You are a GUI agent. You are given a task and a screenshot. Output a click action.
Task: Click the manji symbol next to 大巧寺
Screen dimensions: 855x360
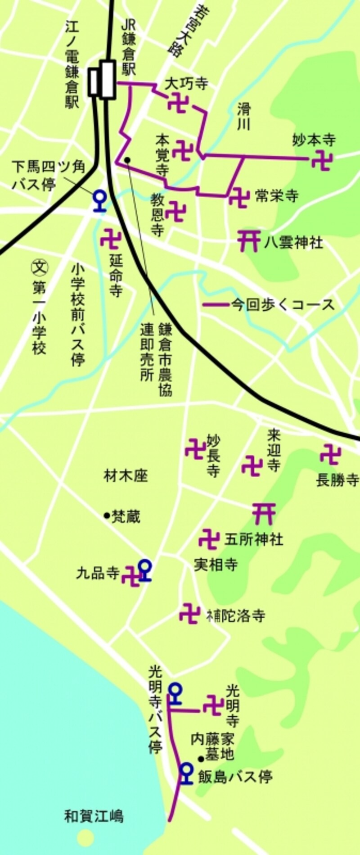click(x=178, y=103)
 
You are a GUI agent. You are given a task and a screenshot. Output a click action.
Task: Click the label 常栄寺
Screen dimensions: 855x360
click(x=276, y=196)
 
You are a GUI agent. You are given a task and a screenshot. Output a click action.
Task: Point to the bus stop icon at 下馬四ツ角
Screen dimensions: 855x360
click(x=99, y=201)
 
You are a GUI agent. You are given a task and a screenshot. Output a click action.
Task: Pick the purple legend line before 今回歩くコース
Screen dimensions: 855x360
click(x=216, y=305)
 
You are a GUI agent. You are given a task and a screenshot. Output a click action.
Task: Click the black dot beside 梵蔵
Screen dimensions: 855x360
click(x=107, y=516)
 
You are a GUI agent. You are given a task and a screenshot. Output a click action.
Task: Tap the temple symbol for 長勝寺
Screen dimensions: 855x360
click(x=330, y=455)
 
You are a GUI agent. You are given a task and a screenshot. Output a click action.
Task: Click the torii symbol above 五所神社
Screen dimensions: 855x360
click(x=264, y=513)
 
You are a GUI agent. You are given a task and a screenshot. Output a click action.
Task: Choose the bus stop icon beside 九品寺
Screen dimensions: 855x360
click(x=144, y=570)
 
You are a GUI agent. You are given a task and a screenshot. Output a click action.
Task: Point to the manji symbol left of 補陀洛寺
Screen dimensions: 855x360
click(x=189, y=613)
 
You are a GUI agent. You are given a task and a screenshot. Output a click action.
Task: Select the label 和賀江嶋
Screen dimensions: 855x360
click(x=94, y=816)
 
